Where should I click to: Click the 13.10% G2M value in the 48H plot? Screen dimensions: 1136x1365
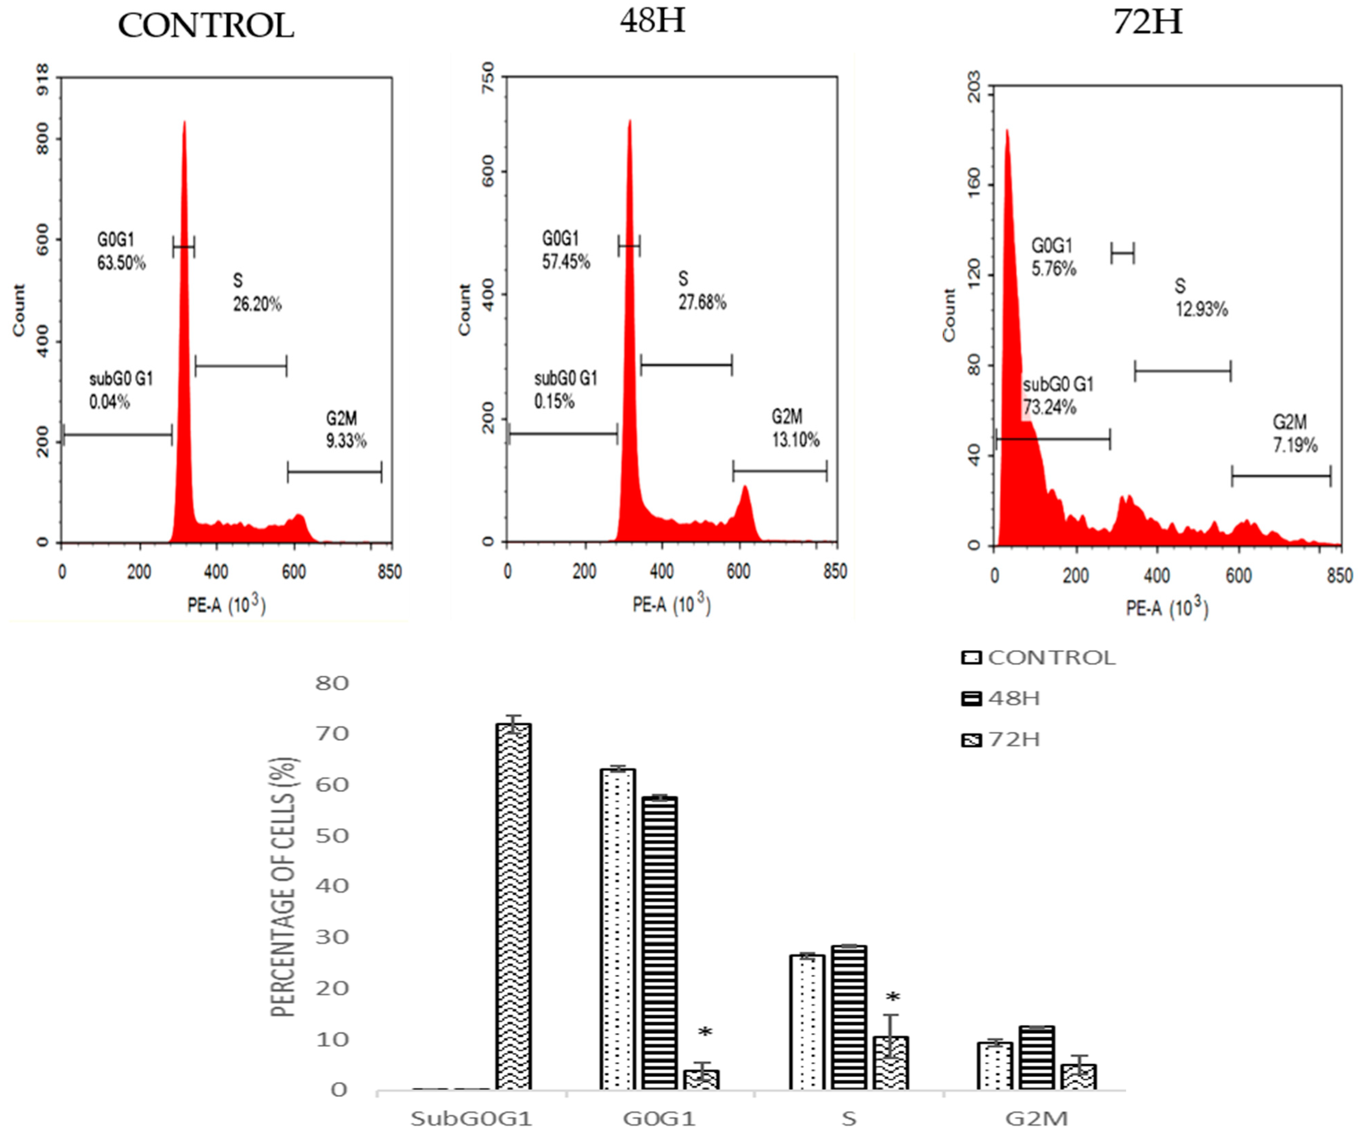point(795,440)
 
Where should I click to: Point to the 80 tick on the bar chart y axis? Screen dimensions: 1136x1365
point(332,683)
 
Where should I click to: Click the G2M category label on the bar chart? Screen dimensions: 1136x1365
point(1037,1119)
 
